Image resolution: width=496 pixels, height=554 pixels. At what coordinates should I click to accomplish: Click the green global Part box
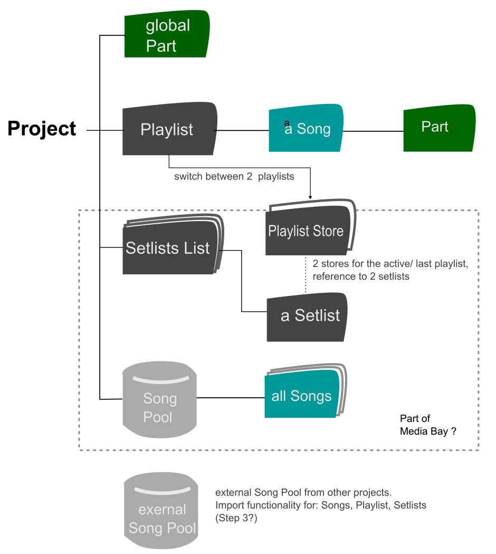tap(167, 35)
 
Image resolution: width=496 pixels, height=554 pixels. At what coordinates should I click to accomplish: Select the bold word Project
tap(42, 129)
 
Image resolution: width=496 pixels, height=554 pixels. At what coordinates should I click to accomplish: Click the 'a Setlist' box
tap(308, 316)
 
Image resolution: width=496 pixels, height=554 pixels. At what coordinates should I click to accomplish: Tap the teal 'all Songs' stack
tap(302, 396)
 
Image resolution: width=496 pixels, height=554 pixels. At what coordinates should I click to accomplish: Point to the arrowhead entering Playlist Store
tap(310, 197)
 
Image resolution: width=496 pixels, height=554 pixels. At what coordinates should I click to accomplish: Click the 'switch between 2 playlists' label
tap(234, 176)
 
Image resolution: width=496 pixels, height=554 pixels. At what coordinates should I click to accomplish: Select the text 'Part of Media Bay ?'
tap(427, 425)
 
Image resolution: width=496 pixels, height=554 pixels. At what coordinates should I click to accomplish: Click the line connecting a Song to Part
tap(373, 130)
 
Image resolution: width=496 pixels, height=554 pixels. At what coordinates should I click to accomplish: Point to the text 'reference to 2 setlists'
tap(361, 276)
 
